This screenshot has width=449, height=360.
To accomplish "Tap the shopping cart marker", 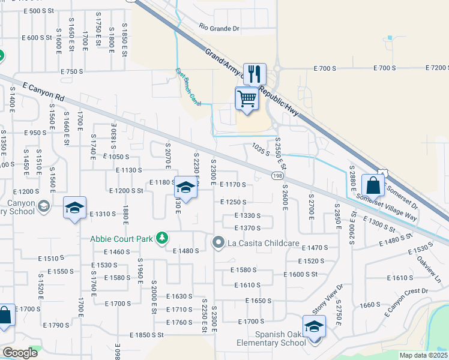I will click(x=246, y=98).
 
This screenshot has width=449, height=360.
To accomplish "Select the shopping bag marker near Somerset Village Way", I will click(x=373, y=185).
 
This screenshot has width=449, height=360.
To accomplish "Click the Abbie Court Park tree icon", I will click(x=161, y=238).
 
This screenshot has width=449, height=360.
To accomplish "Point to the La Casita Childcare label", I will click(x=263, y=243).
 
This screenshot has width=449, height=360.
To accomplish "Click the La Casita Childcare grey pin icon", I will click(x=218, y=242).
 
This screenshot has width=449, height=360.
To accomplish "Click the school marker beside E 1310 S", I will click(x=74, y=208).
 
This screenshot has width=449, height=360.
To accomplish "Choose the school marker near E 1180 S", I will click(x=186, y=188).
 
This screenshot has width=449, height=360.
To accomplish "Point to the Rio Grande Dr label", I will click(x=219, y=28).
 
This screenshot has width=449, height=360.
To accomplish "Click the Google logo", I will click(x=20, y=353).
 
